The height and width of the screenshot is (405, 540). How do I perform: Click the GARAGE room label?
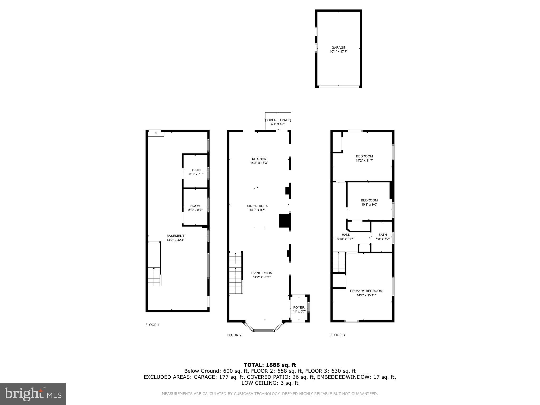pos(338,48)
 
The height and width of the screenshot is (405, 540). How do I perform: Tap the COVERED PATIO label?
pos(278,120)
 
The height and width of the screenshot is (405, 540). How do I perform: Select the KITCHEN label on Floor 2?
pos(259,159)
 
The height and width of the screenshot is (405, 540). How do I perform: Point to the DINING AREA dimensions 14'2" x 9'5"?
pos(257,210)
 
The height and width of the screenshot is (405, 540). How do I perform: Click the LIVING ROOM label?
pos(261,273)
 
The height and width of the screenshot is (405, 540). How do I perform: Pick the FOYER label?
pos(299,307)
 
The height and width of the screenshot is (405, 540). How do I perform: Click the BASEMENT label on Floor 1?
pos(175,236)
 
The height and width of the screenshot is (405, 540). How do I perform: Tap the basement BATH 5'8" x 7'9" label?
pos(196,172)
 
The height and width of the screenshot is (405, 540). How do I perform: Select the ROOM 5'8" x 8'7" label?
pos(195,208)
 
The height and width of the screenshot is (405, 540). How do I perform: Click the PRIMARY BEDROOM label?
pos(366,291)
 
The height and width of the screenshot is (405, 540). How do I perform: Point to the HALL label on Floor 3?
pos(345,235)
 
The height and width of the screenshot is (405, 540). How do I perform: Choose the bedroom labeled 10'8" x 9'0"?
pos(369,202)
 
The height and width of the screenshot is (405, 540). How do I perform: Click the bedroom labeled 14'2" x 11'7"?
pos(364,158)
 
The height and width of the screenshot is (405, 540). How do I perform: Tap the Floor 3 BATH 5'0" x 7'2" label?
pos(382,237)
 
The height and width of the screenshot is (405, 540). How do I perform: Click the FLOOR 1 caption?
pos(152,325)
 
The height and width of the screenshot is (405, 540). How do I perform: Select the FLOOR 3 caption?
pos(337,335)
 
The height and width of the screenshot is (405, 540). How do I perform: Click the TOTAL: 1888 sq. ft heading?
pos(270,365)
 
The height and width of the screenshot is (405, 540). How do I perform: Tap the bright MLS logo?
pos(33,394)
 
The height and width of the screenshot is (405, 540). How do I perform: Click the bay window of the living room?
pos(264,330)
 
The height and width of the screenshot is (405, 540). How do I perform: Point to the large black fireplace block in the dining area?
pos(285,221)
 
